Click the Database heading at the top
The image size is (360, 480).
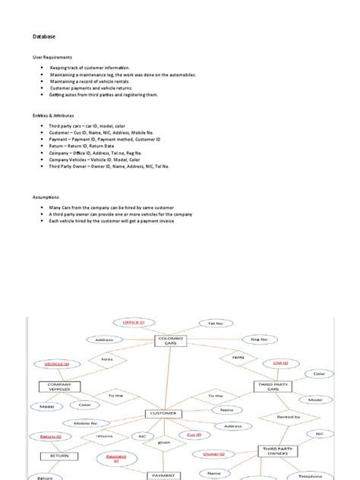click(43, 36)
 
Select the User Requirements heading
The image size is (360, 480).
click(52, 58)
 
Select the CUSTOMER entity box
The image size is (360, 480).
click(165, 414)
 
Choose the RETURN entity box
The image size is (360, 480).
click(64, 456)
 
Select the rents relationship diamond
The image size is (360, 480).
click(237, 356)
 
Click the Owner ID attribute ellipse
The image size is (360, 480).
click(213, 454)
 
